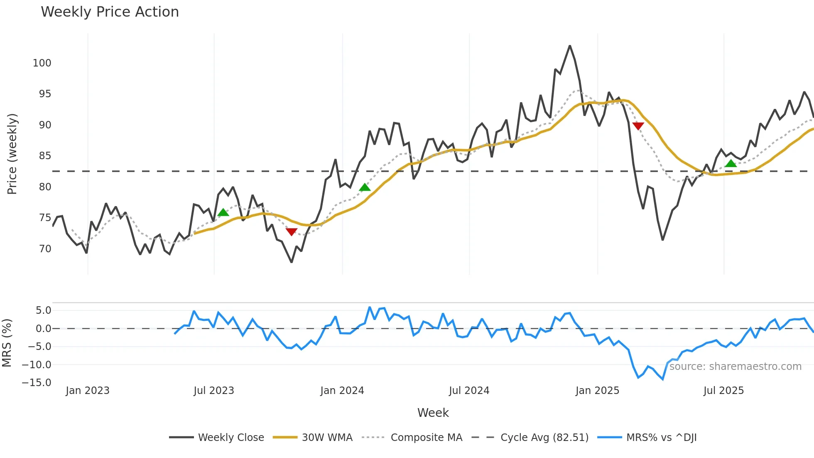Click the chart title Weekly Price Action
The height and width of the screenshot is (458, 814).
click(x=110, y=12)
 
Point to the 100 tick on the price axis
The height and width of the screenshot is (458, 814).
click(x=42, y=63)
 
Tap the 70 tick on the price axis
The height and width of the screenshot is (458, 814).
click(x=45, y=249)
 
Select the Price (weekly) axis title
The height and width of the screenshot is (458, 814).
click(x=12, y=154)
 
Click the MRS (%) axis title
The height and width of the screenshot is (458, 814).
click(x=7, y=343)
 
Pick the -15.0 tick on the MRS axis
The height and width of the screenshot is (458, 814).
click(x=37, y=382)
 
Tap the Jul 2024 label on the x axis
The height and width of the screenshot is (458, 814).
click(x=469, y=391)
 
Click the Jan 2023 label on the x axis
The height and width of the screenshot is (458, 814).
click(x=88, y=391)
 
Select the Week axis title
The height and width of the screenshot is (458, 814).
click(x=433, y=413)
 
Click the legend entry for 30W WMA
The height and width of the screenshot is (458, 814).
click(x=327, y=438)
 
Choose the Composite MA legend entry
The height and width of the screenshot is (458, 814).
click(x=426, y=438)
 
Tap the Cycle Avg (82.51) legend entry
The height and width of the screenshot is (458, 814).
click(x=544, y=438)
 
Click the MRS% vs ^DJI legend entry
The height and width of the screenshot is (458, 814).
click(x=661, y=438)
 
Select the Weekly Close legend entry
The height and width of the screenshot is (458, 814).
click(x=231, y=438)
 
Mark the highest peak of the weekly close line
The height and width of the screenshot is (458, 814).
click(x=570, y=46)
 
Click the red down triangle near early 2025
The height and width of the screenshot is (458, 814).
click(x=638, y=126)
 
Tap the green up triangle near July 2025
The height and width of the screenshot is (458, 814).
click(x=731, y=163)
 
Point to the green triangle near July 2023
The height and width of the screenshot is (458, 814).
click(x=223, y=212)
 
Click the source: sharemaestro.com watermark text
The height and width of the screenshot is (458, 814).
click(x=735, y=367)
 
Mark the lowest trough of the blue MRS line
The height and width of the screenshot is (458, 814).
click(x=662, y=379)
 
